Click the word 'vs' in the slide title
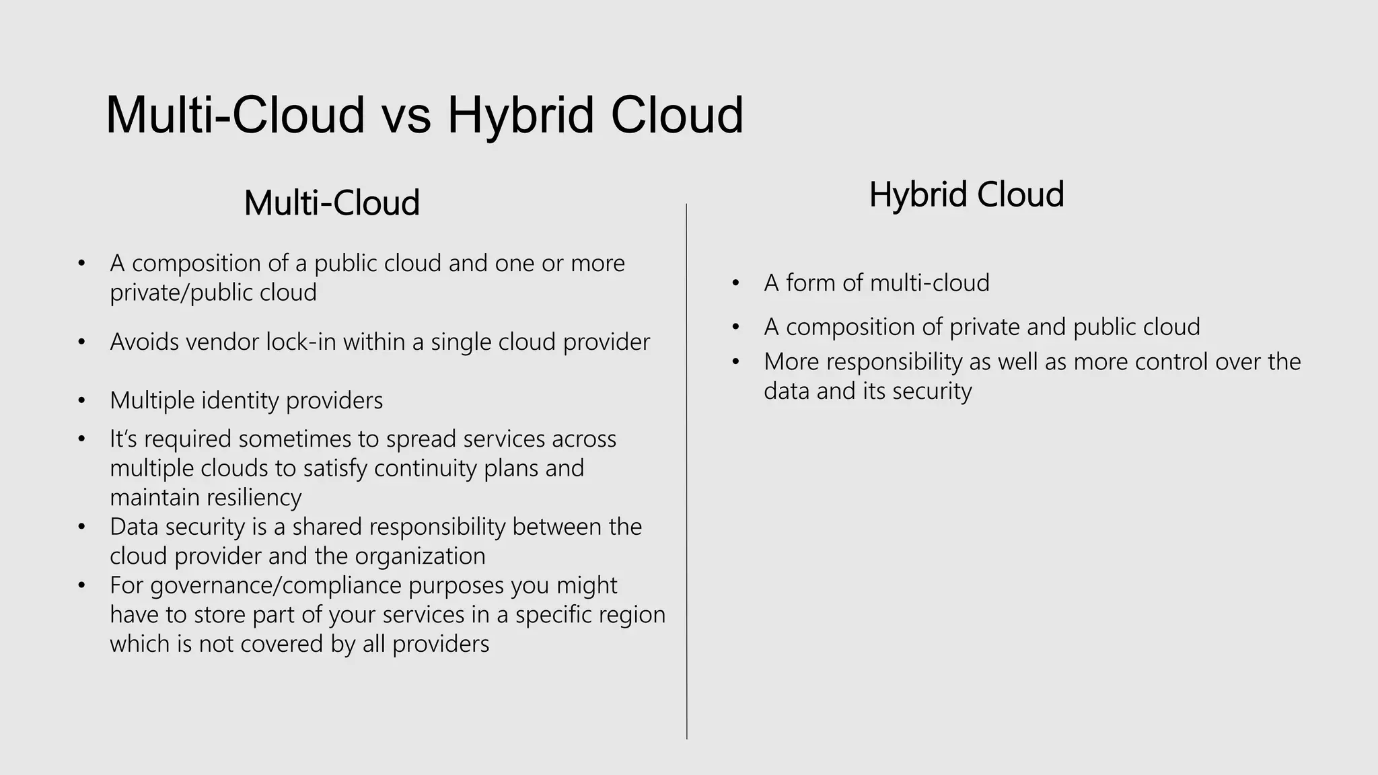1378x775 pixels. (x=406, y=116)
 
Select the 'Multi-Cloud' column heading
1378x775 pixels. (x=332, y=202)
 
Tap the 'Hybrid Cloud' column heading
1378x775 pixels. (x=966, y=194)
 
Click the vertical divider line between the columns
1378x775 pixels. (x=686, y=471)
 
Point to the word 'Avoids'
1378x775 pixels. (x=145, y=342)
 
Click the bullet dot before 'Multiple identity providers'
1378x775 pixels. (x=81, y=401)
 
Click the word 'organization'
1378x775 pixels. (x=420, y=556)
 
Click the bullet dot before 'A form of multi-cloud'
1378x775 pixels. (x=735, y=283)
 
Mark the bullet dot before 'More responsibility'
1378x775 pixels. (x=735, y=362)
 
